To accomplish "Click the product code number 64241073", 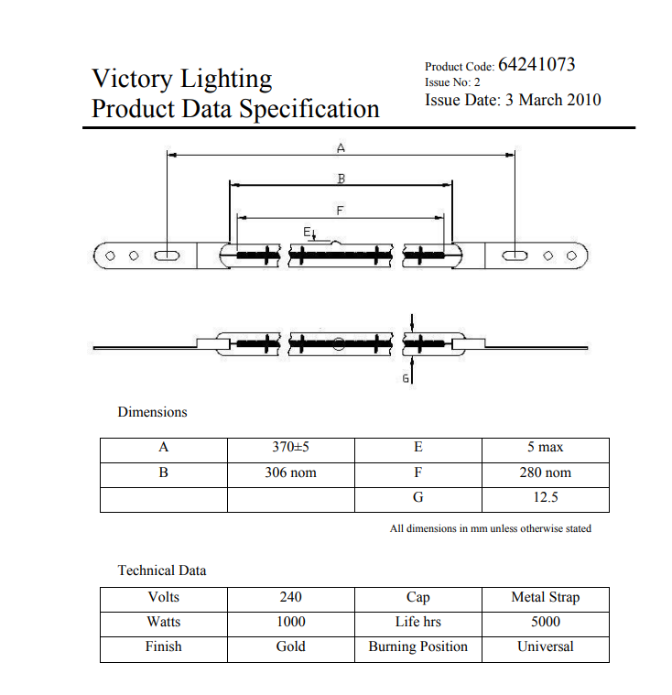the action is pyautogui.click(x=537, y=65).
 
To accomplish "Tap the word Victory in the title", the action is pyautogui.click(x=132, y=80).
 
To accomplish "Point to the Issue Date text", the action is pyautogui.click(x=513, y=100).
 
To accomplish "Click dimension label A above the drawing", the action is pyautogui.click(x=341, y=148).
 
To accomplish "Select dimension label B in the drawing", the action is pyautogui.click(x=341, y=179).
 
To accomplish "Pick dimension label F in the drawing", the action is pyautogui.click(x=340, y=211).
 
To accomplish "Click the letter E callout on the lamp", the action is pyautogui.click(x=307, y=232).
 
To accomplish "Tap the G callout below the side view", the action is pyautogui.click(x=406, y=378).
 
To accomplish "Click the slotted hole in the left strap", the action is pyautogui.click(x=167, y=255).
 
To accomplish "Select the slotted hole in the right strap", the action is pyautogui.click(x=515, y=255).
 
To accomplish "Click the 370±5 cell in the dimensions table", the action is pyautogui.click(x=291, y=447).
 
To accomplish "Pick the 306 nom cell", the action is pyautogui.click(x=291, y=472).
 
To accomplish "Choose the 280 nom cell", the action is pyautogui.click(x=546, y=472).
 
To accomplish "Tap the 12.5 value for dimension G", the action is pyautogui.click(x=546, y=497).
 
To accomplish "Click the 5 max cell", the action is pyautogui.click(x=546, y=447).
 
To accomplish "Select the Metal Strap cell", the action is pyautogui.click(x=546, y=597).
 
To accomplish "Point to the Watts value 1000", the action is pyautogui.click(x=291, y=622).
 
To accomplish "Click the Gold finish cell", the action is pyautogui.click(x=291, y=646).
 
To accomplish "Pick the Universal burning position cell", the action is pyautogui.click(x=546, y=646).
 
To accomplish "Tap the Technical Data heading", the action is pyautogui.click(x=162, y=570).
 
